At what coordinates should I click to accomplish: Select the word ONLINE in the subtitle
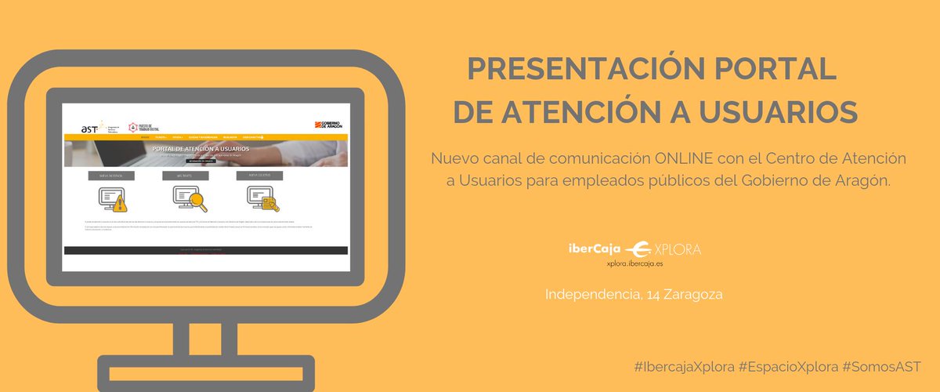pyautogui.click(x=684, y=158)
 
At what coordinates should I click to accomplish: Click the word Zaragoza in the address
pyautogui.click(x=693, y=295)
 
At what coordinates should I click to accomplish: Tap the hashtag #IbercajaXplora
pyautogui.click(x=684, y=367)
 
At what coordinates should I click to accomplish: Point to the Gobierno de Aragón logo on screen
pyautogui.click(x=329, y=124)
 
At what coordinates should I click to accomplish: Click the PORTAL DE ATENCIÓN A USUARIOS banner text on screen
pyautogui.click(x=201, y=148)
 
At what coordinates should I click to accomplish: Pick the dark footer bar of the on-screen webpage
pyautogui.click(x=204, y=250)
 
